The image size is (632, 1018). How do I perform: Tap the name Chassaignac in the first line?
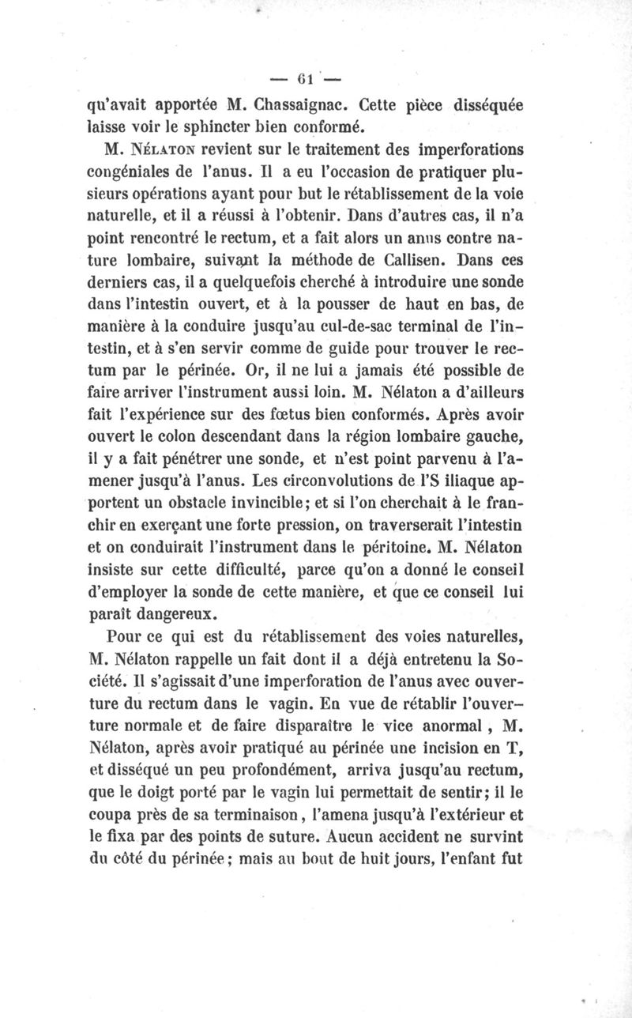[304, 104]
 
